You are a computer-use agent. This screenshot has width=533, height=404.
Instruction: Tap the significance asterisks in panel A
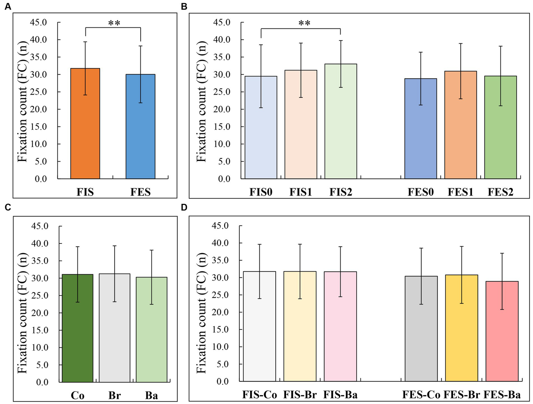click(114, 24)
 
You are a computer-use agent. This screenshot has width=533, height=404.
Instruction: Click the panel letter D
click(184, 207)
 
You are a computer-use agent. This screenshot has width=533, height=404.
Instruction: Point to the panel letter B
click(184, 7)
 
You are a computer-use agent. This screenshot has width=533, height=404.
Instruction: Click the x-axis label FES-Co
click(421, 395)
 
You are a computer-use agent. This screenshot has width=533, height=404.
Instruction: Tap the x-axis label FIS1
click(301, 192)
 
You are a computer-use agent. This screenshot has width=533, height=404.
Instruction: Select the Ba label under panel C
click(151, 395)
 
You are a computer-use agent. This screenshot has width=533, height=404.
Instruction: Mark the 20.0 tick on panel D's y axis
click(220, 312)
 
